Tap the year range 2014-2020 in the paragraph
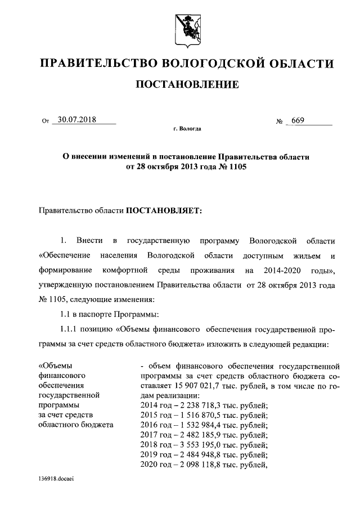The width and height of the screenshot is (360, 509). [x=281, y=271]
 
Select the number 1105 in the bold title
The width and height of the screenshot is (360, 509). [x=236, y=167]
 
